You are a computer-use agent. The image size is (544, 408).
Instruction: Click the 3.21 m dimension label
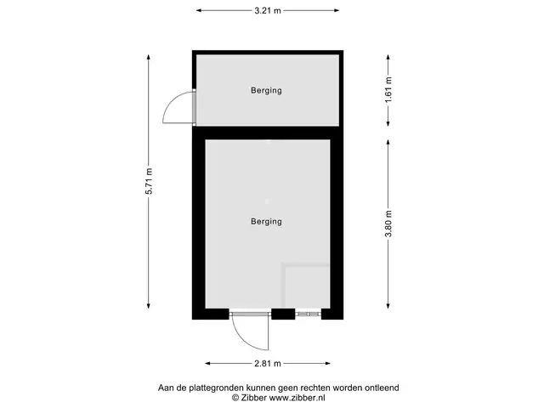point(268,11)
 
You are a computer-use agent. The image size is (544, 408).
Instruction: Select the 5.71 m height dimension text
point(149,181)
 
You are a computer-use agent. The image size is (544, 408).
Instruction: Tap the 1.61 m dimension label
point(388,89)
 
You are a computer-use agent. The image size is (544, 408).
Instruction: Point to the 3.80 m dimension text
point(388,224)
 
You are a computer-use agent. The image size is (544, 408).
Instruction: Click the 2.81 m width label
point(268,364)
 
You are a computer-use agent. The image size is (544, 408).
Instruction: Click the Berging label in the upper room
point(266,91)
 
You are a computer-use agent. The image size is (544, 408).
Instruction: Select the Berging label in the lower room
point(266,222)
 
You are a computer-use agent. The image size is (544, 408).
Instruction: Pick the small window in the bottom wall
point(308,314)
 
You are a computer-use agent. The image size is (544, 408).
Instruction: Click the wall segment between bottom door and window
point(283,314)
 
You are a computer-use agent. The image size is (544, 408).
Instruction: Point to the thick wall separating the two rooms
point(268,133)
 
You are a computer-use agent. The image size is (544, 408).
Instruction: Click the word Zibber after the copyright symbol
point(253,398)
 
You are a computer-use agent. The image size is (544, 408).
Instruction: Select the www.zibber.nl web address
point(297,398)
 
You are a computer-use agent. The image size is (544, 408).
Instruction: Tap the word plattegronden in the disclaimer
point(218,388)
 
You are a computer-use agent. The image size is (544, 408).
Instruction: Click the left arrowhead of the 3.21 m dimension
point(199,11)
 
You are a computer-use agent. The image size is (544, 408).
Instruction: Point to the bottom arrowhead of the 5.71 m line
point(149,305)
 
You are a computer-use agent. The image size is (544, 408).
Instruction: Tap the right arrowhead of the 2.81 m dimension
point(327,364)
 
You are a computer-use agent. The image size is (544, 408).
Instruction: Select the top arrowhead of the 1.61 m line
point(388,58)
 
